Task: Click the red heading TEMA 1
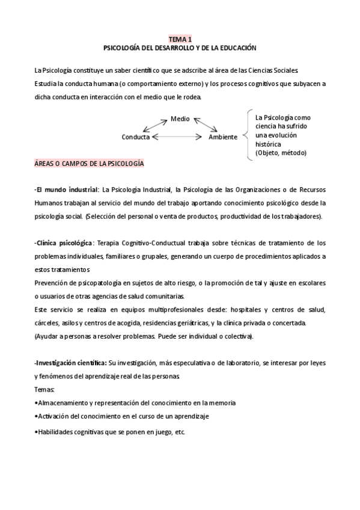click(180, 38)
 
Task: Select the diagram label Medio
click(180, 118)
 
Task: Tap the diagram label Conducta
click(135, 137)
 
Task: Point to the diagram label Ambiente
click(223, 137)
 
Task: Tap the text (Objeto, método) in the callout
click(281, 153)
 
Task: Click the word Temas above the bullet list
click(45, 390)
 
